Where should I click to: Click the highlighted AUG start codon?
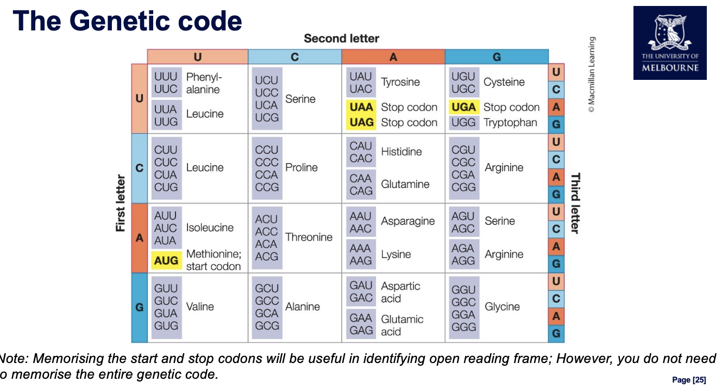pos(166,261)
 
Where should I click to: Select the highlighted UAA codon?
pos(361,107)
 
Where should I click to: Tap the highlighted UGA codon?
pos(463,107)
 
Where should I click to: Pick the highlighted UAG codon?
pos(361,122)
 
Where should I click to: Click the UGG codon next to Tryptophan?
pos(463,122)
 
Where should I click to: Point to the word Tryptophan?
pos(510,122)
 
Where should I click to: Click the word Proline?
pos(302,167)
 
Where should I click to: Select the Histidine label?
pos(401,152)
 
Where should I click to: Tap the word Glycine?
pos(502,306)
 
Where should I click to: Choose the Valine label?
pos(200,306)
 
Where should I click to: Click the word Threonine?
pos(309,237)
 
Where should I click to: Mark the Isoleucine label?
pos(210,228)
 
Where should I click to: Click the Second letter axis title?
pos(341,39)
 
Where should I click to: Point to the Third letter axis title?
pos(575,203)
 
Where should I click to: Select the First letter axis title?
pos(121,203)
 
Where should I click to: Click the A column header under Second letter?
pos(393,57)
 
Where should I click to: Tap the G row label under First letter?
pos(139,308)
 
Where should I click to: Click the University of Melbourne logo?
pos(670,43)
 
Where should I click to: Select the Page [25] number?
pos(689,380)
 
